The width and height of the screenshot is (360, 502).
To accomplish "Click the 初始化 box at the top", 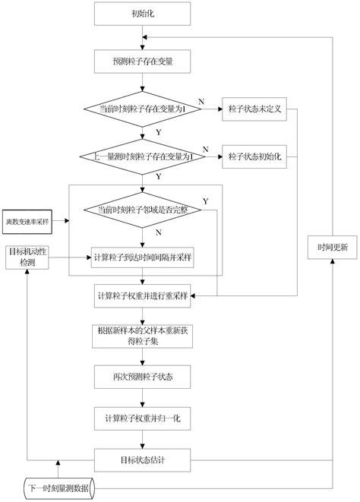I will [x=141, y=14].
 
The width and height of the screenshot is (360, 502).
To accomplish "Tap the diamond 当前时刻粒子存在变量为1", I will [x=141, y=109].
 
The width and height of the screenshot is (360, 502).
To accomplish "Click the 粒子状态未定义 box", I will [x=254, y=109].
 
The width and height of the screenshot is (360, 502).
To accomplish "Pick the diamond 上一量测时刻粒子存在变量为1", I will [x=141, y=156].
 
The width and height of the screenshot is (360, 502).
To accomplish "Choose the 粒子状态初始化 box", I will [x=254, y=156].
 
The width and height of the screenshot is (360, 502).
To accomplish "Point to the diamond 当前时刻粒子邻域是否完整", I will [x=141, y=209].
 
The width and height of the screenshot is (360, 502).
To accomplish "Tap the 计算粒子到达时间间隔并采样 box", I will [x=141, y=257].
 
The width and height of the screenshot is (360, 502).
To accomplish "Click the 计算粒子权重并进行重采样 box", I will [x=141, y=294].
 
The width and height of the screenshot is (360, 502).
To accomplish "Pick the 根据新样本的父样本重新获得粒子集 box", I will [x=141, y=335].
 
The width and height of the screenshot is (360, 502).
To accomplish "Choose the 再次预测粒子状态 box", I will [x=141, y=376].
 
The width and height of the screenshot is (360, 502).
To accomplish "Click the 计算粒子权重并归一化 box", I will [x=141, y=418].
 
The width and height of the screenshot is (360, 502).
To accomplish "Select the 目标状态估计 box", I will [x=141, y=459].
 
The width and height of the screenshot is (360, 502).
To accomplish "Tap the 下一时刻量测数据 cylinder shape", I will [x=57, y=487].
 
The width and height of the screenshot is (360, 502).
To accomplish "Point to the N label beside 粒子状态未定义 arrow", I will [x=201, y=101].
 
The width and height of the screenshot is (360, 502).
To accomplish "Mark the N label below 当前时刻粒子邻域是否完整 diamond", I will [x=158, y=232].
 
